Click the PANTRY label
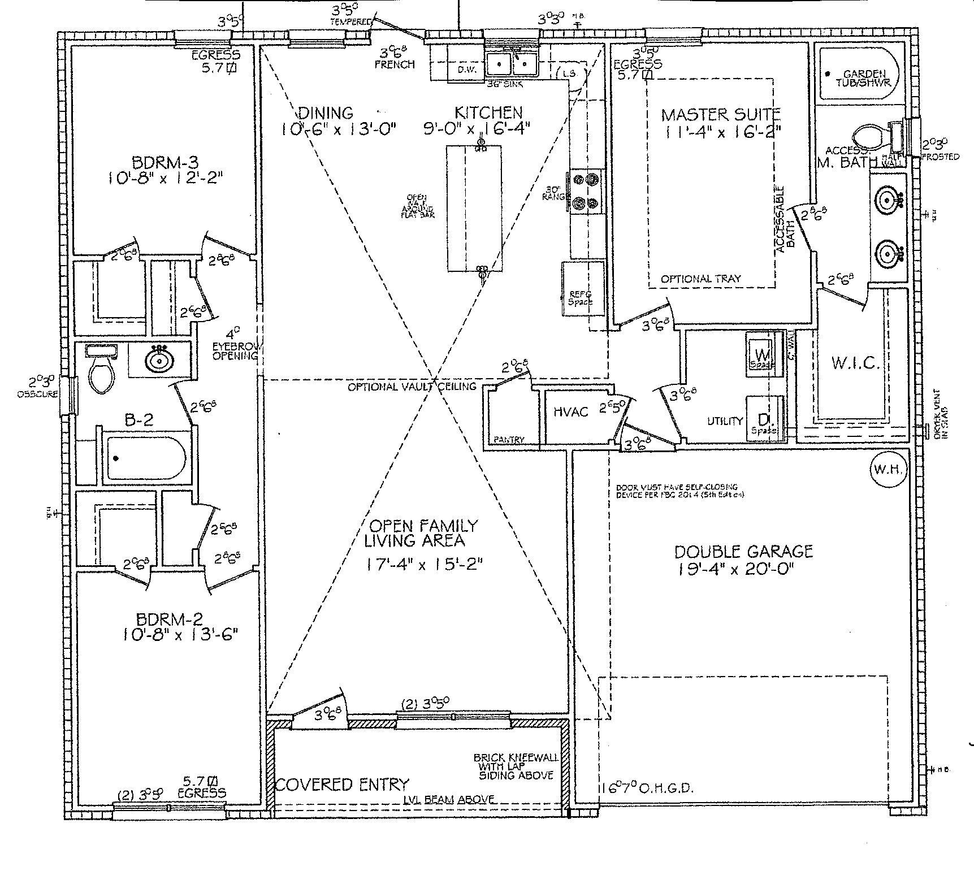tap(509, 439)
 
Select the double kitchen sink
tap(512, 64)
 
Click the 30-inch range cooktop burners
tap(585, 192)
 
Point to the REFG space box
tap(582, 289)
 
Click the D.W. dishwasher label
tap(467, 70)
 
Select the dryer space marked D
tap(764, 420)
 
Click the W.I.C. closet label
tap(855, 363)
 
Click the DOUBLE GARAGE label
tap(743, 551)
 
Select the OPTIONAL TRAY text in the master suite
tap(700, 279)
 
